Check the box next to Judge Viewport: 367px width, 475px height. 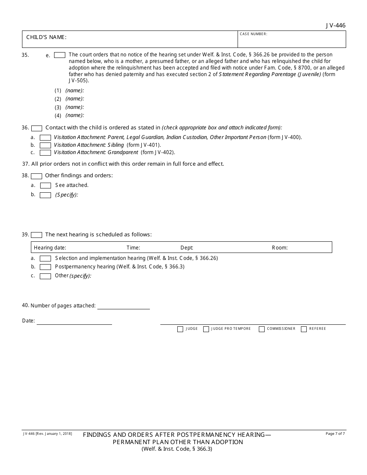tap(180, 329)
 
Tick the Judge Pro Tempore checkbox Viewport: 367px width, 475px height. tap(206, 329)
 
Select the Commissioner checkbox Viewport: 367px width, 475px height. tap(262, 329)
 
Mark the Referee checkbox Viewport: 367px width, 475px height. tap(304, 329)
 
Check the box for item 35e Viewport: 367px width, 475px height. tap(59, 55)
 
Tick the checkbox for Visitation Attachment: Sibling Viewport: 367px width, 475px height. tap(46, 145)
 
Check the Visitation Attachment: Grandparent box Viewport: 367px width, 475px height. tap(46, 153)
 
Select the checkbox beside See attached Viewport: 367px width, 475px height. tap(46, 185)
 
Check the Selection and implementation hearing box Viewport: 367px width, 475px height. tap(46, 258)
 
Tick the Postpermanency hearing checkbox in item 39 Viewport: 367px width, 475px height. tap(46, 267)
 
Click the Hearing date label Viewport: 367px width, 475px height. tap(50, 248)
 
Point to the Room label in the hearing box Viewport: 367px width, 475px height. tap(280, 248)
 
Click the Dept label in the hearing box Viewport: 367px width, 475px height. tap(187, 248)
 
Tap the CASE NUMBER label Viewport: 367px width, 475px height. tap(253, 34)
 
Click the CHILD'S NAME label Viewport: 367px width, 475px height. tap(46, 37)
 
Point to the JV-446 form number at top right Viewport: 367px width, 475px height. tap(335, 25)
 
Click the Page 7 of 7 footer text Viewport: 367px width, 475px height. tap(335, 434)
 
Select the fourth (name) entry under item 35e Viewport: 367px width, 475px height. tap(75, 115)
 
